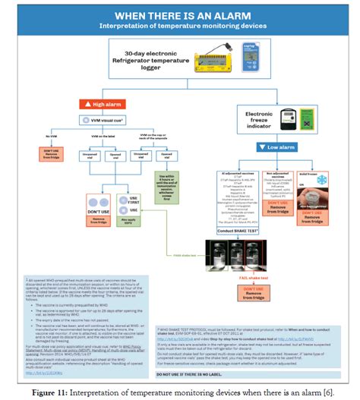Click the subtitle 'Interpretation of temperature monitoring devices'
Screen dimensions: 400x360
[180, 26]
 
